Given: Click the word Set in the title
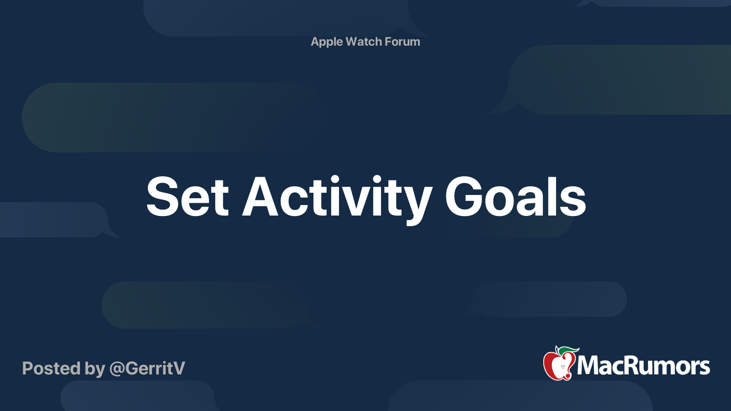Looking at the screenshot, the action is [188, 197].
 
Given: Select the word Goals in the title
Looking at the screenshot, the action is [516, 197].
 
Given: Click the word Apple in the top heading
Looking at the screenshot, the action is [327, 42].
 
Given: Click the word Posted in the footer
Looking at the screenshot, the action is [51, 368].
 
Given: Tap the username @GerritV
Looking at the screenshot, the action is [147, 369].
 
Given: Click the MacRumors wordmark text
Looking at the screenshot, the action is [643, 366].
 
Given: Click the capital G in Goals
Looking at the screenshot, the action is [463, 197].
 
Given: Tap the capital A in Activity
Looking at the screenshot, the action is [260, 197].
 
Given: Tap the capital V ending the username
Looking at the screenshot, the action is [178, 368].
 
